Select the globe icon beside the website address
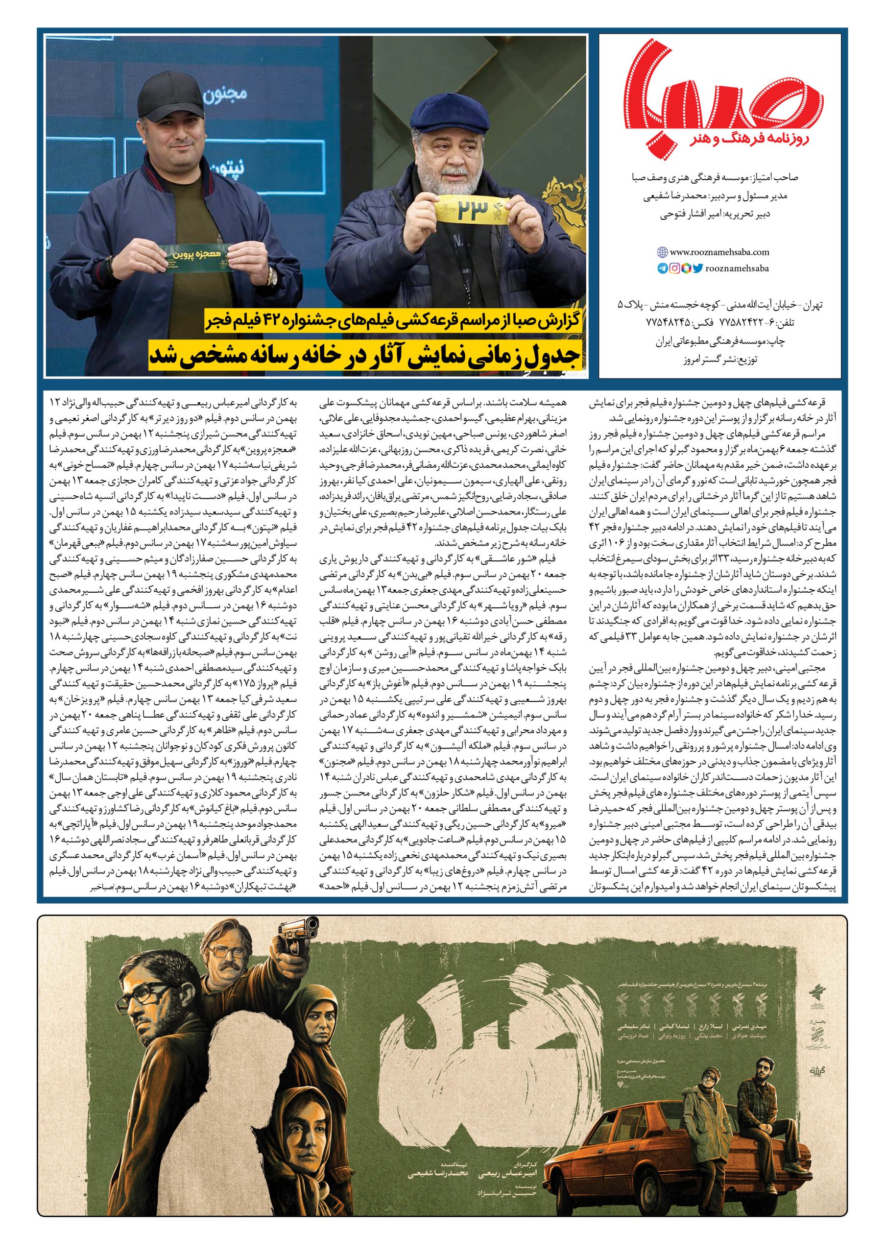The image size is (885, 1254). [x=662, y=252]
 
